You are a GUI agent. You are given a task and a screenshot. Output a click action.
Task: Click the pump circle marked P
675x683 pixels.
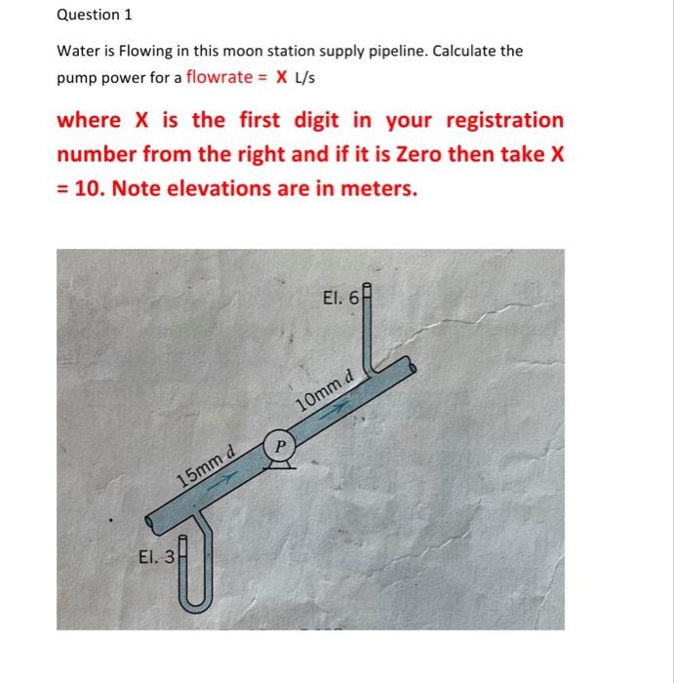point(280,445)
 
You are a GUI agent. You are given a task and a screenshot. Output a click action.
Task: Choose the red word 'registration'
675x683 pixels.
point(504,120)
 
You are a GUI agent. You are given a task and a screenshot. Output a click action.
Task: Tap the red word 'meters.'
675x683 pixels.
point(375,188)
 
